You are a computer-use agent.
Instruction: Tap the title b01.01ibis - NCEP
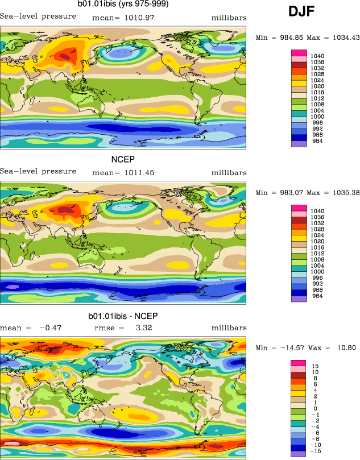(x=123, y=316)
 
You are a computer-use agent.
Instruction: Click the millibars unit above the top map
(x=229, y=18)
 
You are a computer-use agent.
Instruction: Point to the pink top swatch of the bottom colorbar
(x=299, y=363)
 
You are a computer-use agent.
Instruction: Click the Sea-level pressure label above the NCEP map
(x=38, y=171)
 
